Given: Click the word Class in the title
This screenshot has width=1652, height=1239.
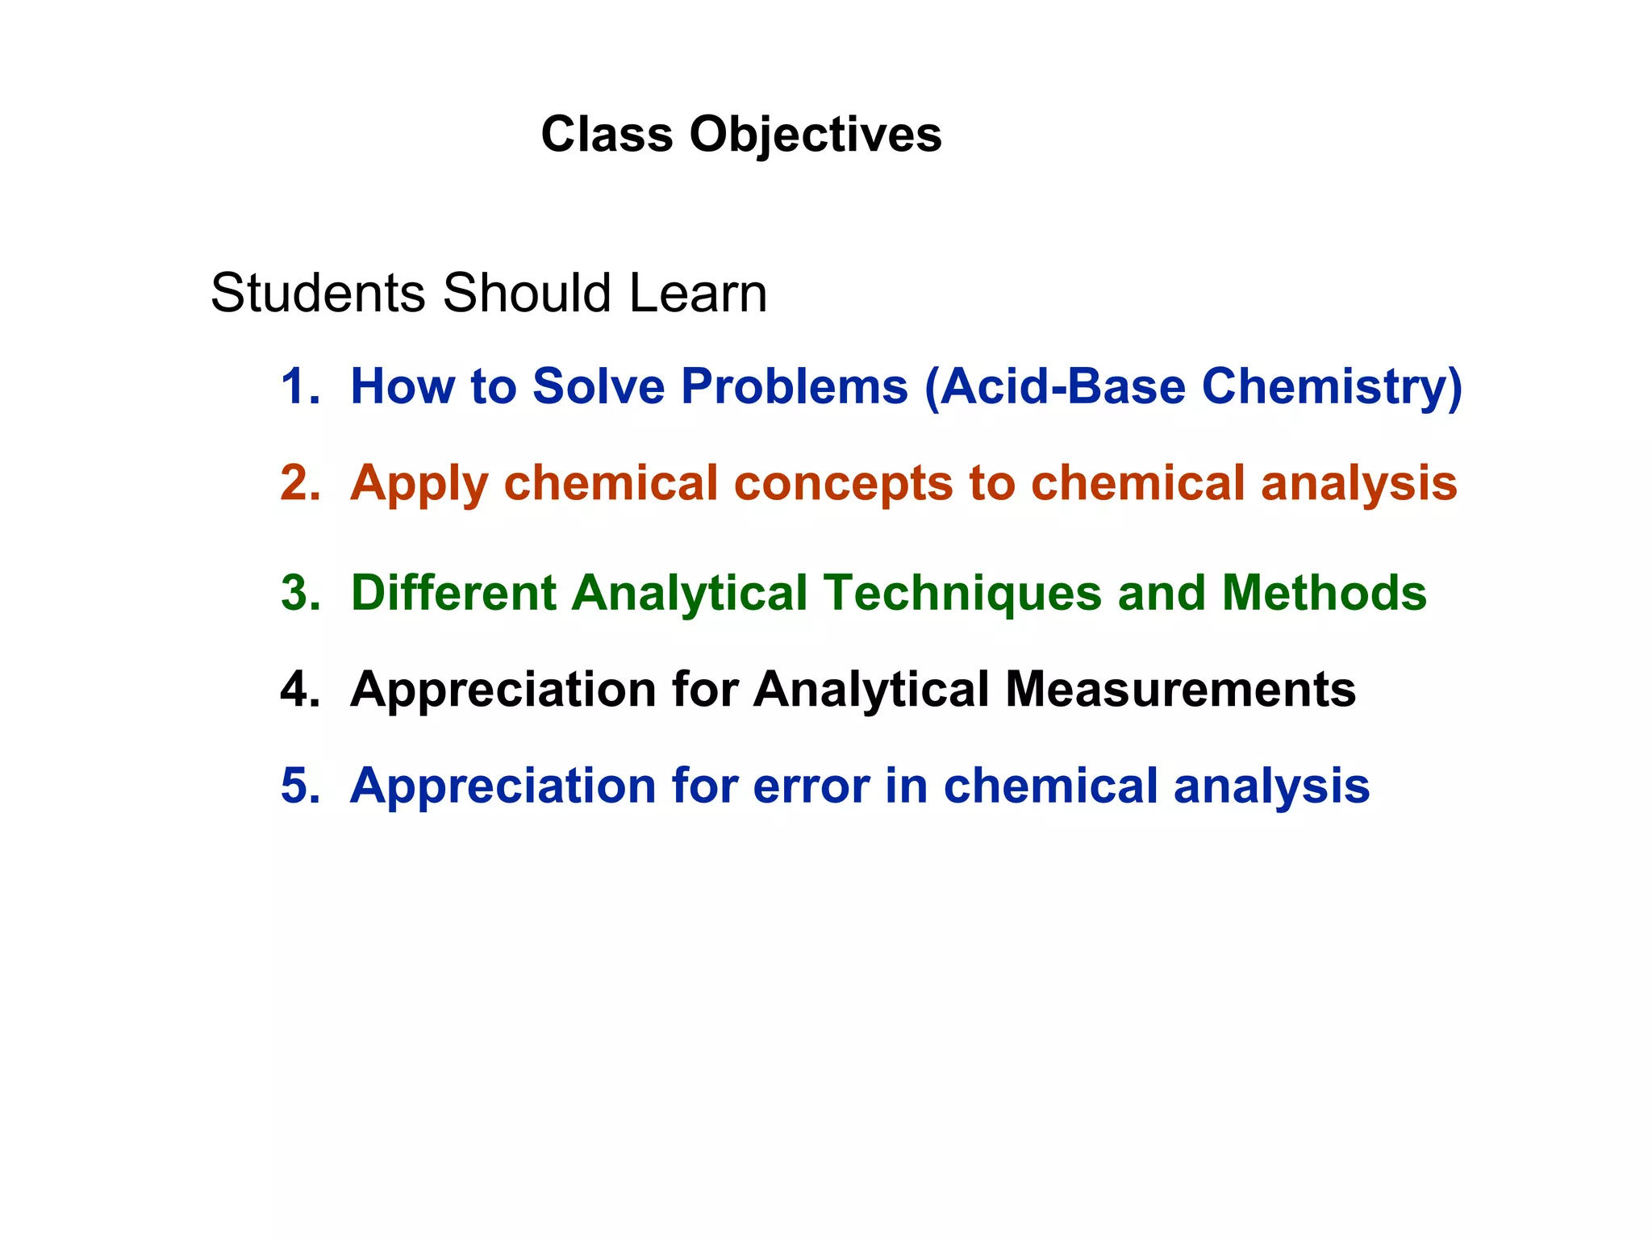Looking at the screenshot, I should [x=607, y=134].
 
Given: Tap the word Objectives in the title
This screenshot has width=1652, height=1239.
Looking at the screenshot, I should [x=816, y=136].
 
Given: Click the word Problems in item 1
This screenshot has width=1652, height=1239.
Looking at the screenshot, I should [x=795, y=386].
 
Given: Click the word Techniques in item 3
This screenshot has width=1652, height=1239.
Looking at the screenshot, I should [x=962, y=594].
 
